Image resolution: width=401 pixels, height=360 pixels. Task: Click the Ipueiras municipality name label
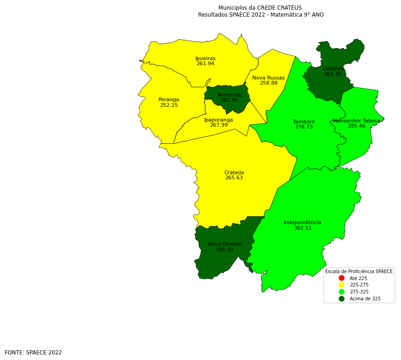point(206,59)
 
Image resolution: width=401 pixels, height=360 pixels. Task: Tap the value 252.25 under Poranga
point(169,105)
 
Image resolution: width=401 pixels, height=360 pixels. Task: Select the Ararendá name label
point(229,95)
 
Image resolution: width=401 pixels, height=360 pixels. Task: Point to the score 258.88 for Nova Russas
point(268,83)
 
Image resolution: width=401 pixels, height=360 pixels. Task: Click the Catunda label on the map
point(333,69)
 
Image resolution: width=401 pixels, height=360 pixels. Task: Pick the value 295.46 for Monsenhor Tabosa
point(356,126)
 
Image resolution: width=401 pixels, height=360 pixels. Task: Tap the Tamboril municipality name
point(304,122)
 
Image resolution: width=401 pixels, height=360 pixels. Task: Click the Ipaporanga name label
point(219,120)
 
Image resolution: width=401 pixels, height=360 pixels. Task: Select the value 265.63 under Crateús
point(234,178)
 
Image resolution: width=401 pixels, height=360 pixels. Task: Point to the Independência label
point(302,223)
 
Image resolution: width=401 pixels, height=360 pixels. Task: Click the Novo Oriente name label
point(225,244)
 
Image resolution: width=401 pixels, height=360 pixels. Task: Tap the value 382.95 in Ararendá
point(229,100)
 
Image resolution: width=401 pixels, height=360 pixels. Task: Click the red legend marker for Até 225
point(341,278)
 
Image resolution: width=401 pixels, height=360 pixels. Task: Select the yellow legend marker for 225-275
point(341,285)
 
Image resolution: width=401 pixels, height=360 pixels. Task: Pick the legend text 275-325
point(359,292)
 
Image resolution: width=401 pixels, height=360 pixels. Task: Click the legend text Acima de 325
point(365,299)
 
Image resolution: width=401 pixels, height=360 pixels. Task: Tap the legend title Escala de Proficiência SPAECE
point(358,272)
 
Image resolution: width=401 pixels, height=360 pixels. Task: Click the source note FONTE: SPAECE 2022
point(33,353)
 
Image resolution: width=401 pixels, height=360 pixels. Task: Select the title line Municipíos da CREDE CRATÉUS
point(260,8)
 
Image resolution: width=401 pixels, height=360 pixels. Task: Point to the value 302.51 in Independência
point(303,228)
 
